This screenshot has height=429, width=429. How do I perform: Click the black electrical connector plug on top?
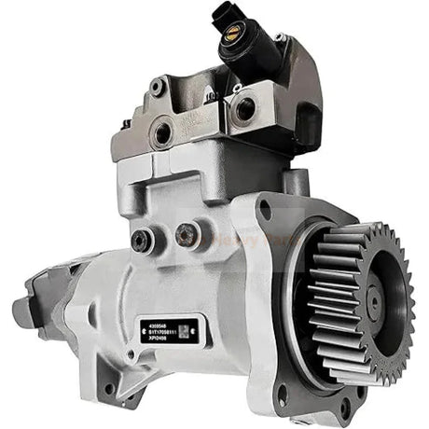click(224, 16)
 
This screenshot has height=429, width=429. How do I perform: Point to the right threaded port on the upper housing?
click(246, 108)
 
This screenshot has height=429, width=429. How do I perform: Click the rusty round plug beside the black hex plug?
click(187, 234)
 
